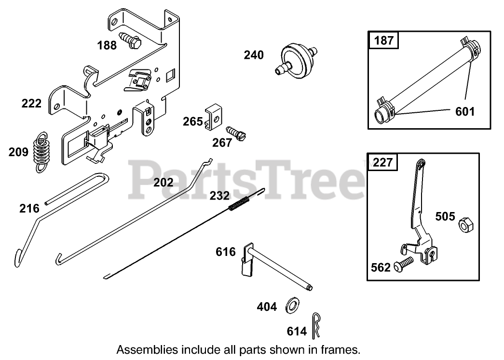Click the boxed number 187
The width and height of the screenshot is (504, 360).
click(384, 40)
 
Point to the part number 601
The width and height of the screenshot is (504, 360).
click(465, 112)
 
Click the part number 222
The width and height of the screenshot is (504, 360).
click(31, 103)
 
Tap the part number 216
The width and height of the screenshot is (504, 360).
click(29, 208)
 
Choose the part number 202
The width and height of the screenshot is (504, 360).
click(163, 182)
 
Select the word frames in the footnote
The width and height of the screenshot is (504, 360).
click(343, 349)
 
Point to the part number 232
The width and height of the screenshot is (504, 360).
click(219, 196)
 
